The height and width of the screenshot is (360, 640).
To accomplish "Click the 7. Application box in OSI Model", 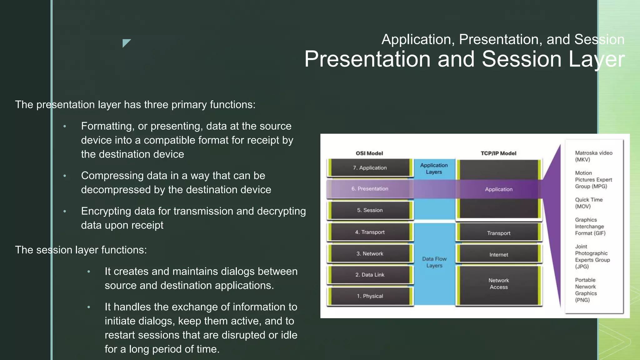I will pyautogui.click(x=370, y=168).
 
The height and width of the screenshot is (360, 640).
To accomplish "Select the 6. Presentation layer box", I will pyautogui.click(x=370, y=189).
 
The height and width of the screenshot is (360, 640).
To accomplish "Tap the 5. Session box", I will pyautogui.click(x=370, y=210).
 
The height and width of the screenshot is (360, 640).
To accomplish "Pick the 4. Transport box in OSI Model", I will pyautogui.click(x=370, y=232).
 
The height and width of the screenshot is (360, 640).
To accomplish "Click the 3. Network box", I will pyautogui.click(x=370, y=254).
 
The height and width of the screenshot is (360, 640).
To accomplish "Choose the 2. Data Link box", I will pyautogui.click(x=370, y=275).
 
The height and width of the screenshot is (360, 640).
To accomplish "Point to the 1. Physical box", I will pyautogui.click(x=370, y=296).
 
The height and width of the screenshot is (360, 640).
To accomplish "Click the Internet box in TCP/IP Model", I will pyautogui.click(x=499, y=255).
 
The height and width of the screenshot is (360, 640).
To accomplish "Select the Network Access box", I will pyautogui.click(x=499, y=284).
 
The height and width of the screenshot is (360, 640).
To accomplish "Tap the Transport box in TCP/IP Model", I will pyautogui.click(x=499, y=233).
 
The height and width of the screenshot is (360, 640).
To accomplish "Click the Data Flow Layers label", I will pyautogui.click(x=434, y=262).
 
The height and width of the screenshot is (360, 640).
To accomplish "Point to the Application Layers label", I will pyautogui.click(x=434, y=168).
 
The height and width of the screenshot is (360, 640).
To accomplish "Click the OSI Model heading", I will pyautogui.click(x=369, y=153).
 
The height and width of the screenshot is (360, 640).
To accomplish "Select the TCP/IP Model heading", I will pyautogui.click(x=498, y=153).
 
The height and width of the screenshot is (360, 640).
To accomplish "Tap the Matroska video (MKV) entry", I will pyautogui.click(x=593, y=156).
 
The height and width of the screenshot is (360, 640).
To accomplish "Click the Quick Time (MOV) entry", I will pyautogui.click(x=589, y=203).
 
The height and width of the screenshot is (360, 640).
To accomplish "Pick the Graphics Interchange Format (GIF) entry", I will pyautogui.click(x=590, y=227).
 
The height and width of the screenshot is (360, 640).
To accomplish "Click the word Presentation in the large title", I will pyautogui.click(x=367, y=59).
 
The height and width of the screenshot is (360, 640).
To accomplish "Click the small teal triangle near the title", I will pyautogui.click(x=126, y=42).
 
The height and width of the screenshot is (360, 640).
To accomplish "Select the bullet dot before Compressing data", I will pyautogui.click(x=65, y=176).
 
